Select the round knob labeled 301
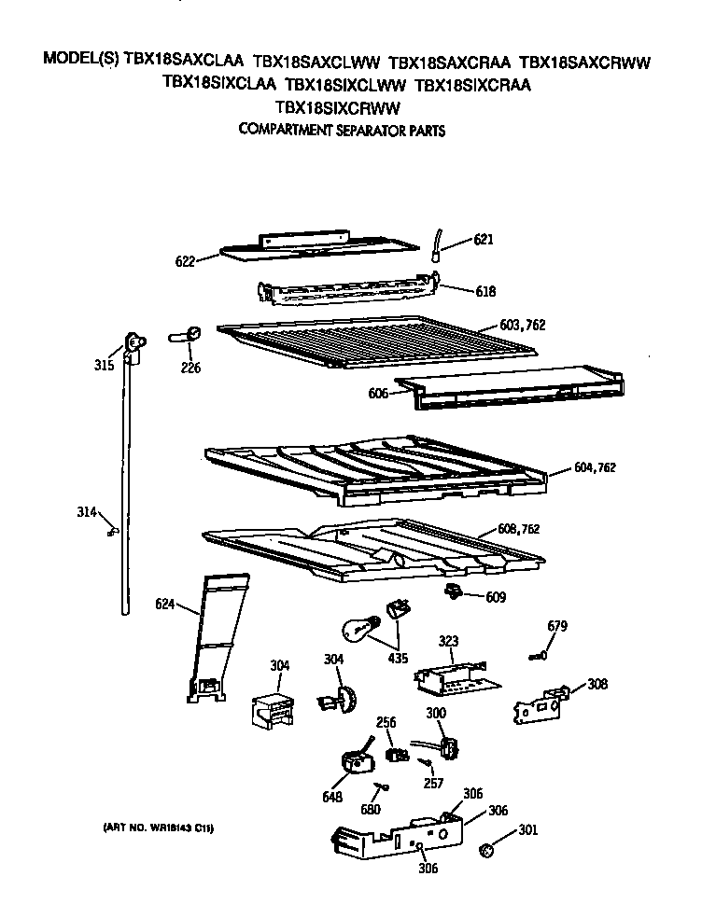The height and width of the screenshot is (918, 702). [x=485, y=850]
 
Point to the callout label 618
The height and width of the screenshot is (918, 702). [x=484, y=291]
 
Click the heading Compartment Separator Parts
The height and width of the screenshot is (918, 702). [x=341, y=131]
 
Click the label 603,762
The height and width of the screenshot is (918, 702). [x=520, y=325]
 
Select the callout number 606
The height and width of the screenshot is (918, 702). [x=378, y=394]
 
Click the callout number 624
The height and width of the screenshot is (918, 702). [x=166, y=605]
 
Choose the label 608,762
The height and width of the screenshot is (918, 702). [x=518, y=529]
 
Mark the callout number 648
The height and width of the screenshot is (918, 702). [x=332, y=797]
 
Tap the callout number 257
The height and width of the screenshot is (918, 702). [x=432, y=784]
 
